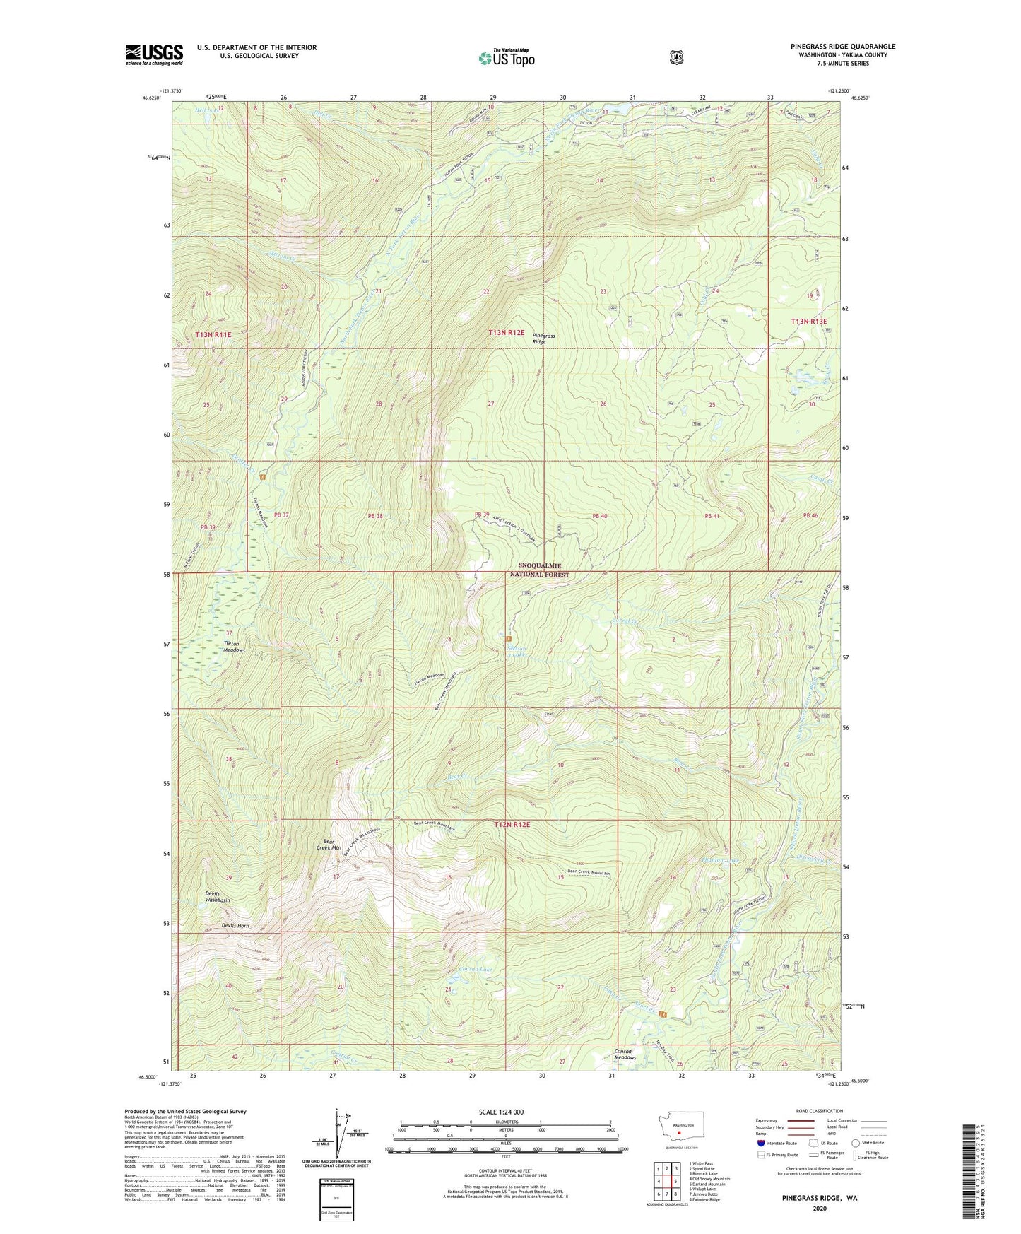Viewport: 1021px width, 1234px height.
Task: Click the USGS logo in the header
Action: click(x=154, y=54)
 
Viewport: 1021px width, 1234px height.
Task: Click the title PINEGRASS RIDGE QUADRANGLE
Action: click(x=842, y=47)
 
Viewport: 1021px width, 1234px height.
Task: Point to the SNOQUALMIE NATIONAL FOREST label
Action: click(x=543, y=570)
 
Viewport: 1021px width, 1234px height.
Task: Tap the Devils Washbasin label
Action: click(x=218, y=898)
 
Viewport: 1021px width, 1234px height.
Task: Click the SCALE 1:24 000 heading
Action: click(x=501, y=1112)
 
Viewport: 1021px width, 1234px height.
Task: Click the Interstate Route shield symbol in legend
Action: click(x=760, y=1143)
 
